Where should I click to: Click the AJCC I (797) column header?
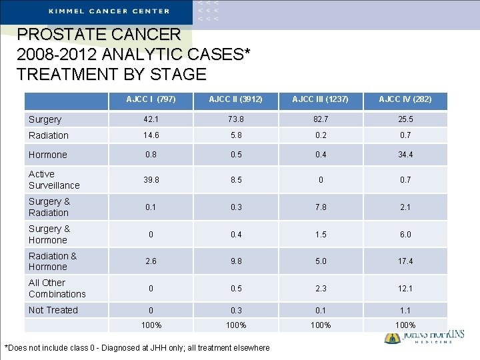[151, 99]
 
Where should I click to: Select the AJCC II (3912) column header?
[235, 99]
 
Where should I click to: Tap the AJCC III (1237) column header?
[320, 99]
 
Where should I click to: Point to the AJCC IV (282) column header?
[405, 99]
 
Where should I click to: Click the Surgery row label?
[45, 120]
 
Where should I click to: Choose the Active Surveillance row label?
[54, 180]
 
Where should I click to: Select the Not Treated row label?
[53, 310]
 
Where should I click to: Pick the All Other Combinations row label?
[57, 289]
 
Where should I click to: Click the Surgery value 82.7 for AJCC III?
[320, 119]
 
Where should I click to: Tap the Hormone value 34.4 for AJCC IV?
[405, 155]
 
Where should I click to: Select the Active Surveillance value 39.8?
[151, 180]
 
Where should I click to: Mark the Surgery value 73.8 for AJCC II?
[235, 119]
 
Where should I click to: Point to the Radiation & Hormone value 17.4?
[405, 261]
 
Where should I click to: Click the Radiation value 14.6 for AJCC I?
[151, 135]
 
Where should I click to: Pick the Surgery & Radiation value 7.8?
[320, 207]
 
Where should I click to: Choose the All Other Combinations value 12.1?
[405, 289]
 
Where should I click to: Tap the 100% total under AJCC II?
[235, 325]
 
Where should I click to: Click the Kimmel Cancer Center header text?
[109, 11]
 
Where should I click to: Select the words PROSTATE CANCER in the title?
[99, 35]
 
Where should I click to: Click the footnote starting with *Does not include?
[137, 348]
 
